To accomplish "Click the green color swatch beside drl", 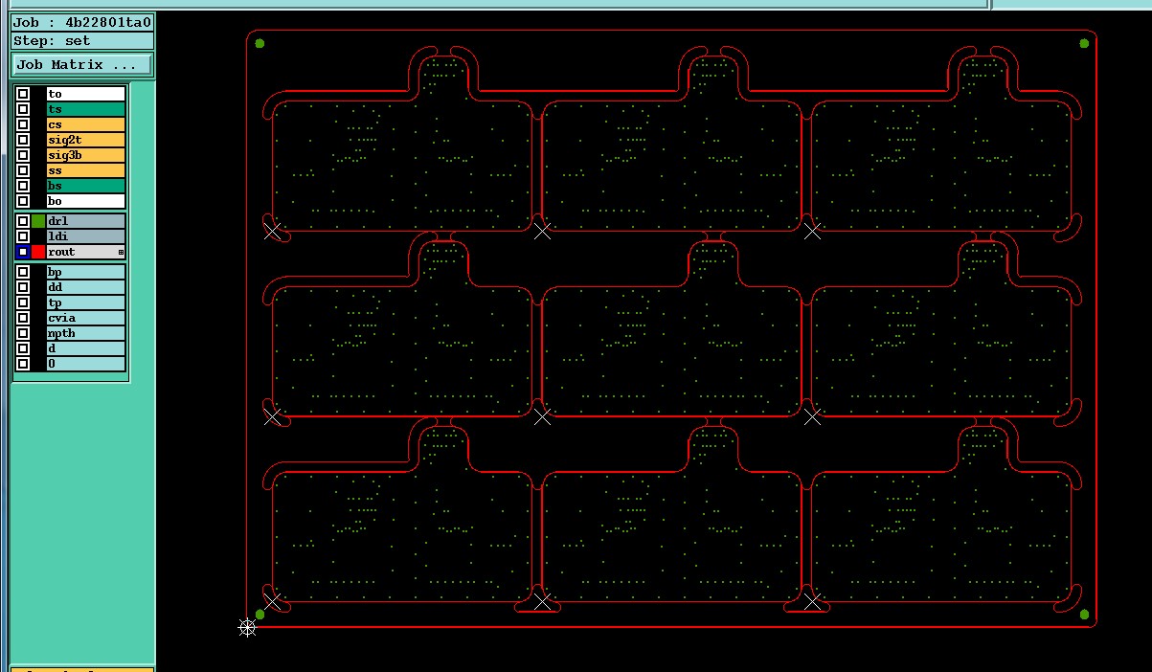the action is [x=38, y=221].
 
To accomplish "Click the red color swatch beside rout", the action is [x=38, y=252].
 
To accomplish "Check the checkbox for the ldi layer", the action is [x=23, y=236].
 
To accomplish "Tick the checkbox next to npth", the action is [x=23, y=333].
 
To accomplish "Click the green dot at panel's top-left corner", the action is [x=260, y=44].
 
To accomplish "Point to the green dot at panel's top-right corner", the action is [x=1084, y=44].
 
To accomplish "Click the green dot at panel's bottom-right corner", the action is [x=1084, y=615].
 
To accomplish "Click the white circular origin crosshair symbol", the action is [x=247, y=627].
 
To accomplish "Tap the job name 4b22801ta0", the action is [x=108, y=23].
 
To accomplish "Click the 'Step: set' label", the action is [x=52, y=41].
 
